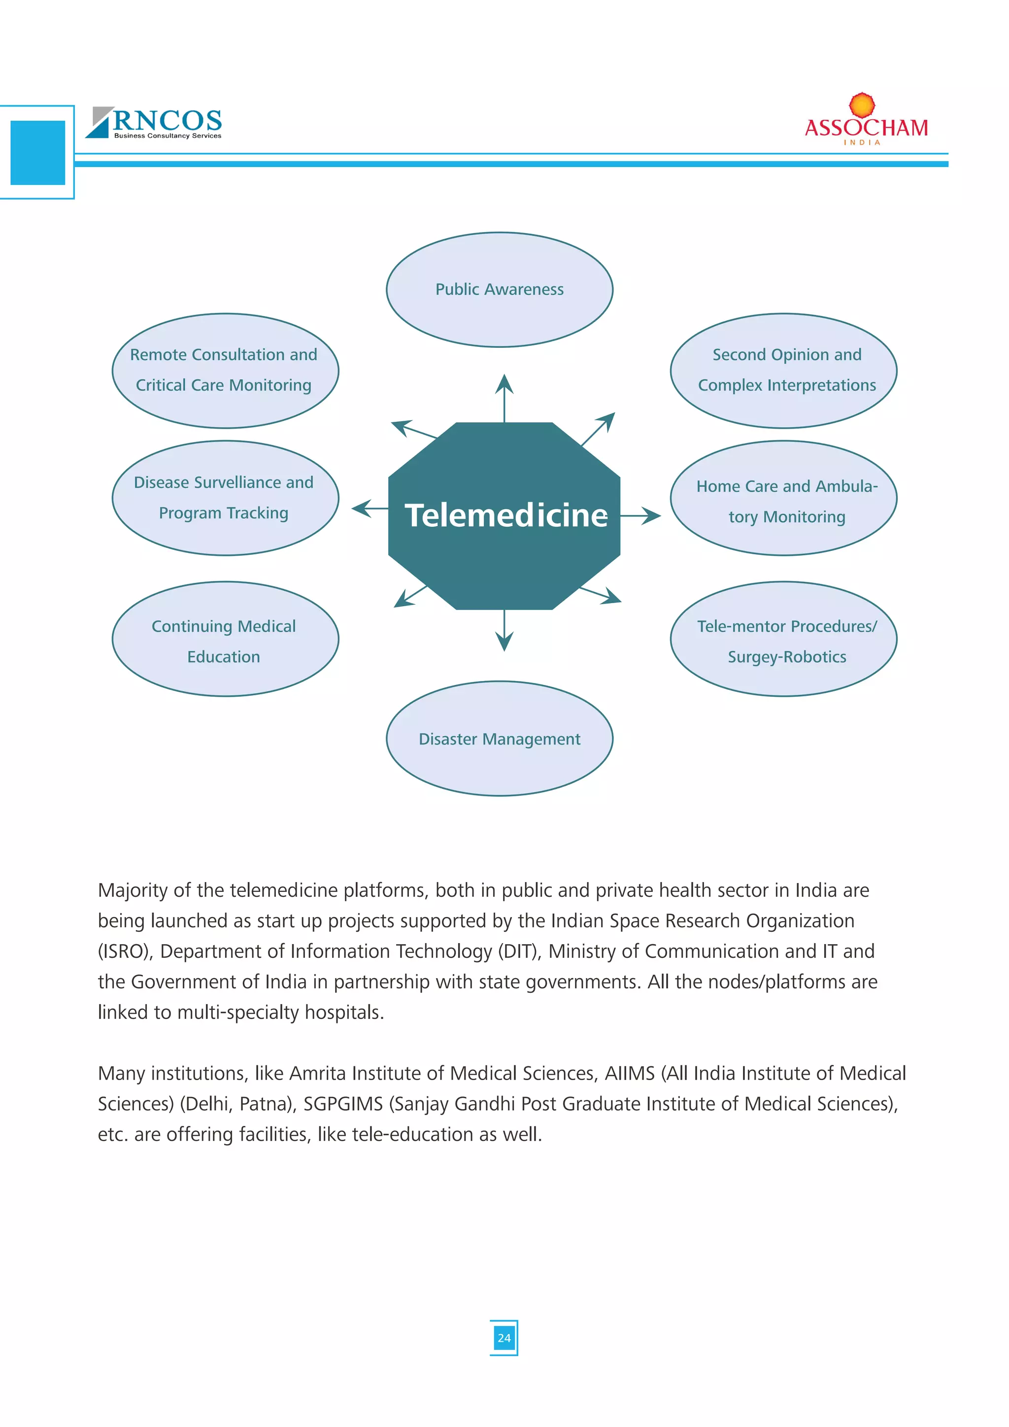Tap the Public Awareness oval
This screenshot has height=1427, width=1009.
500,290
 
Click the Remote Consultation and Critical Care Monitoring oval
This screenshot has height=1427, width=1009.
225,371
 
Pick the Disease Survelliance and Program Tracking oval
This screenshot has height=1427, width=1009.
225,498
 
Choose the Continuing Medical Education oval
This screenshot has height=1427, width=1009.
225,639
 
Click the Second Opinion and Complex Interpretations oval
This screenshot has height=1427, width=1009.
783,371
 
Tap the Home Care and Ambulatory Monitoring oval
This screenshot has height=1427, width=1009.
783,498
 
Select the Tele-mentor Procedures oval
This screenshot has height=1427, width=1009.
783,639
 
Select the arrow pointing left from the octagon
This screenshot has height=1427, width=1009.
369,509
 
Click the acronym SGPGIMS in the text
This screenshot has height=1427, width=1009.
343,1103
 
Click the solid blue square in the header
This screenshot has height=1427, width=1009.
38,152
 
